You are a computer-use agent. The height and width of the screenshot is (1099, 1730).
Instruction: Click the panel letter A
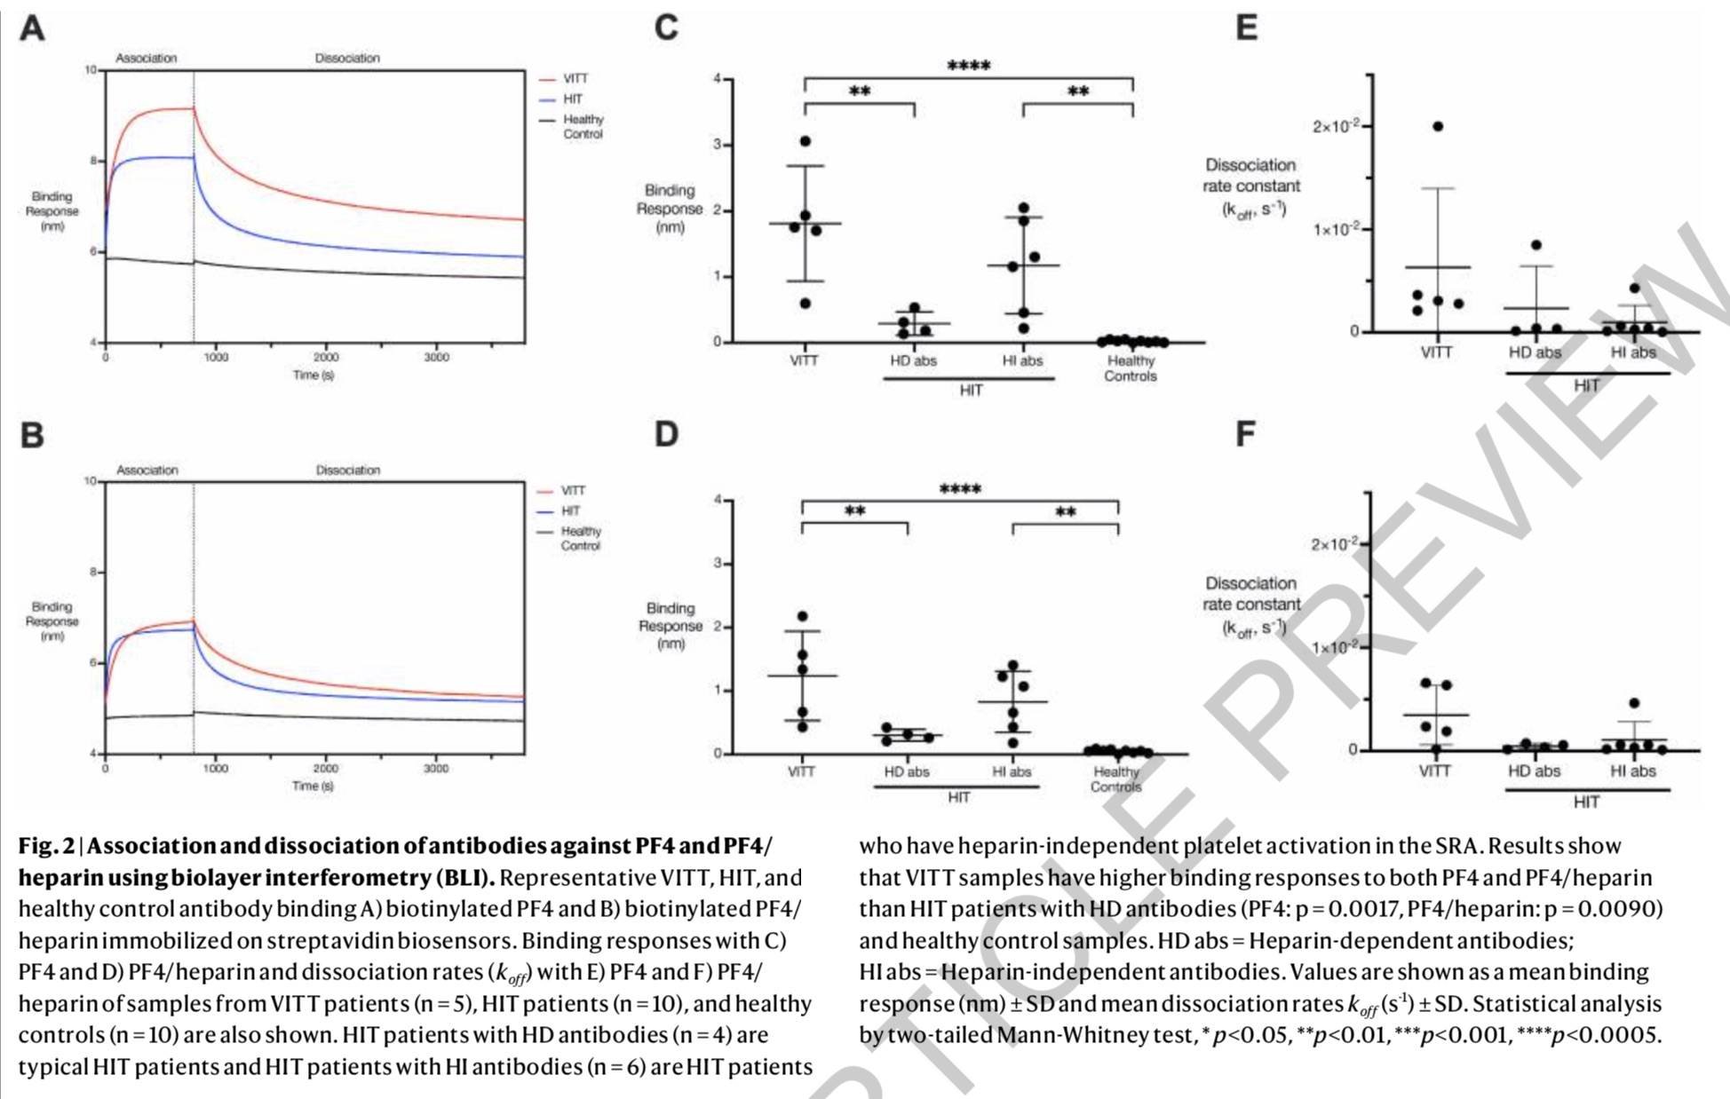click(32, 28)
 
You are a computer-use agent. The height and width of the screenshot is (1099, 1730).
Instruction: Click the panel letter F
click(1246, 434)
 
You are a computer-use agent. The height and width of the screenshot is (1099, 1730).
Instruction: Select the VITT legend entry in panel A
click(575, 79)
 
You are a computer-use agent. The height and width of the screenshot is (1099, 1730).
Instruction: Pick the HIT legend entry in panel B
click(570, 511)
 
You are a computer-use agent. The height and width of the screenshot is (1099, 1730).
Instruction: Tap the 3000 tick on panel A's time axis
click(436, 358)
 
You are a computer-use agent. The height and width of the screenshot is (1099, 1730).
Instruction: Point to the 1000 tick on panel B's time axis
click(216, 769)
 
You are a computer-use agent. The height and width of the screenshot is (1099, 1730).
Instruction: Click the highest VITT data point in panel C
click(805, 141)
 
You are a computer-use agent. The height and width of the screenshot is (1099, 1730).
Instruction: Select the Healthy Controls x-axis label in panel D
click(1116, 779)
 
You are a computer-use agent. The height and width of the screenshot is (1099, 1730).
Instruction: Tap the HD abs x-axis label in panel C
click(913, 360)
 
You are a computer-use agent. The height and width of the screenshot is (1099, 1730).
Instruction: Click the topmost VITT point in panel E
click(1438, 126)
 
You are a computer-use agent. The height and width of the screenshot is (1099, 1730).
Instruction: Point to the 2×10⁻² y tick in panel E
click(1336, 126)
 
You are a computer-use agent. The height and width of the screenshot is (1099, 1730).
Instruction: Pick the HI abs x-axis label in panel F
click(1632, 771)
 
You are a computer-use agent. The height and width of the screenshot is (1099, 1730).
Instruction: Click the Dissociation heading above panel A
click(347, 59)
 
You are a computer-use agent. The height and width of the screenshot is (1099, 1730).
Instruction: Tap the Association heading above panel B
click(147, 470)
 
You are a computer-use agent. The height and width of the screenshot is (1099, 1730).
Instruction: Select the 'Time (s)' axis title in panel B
click(313, 786)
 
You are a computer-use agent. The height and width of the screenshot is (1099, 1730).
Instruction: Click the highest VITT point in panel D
click(803, 616)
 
